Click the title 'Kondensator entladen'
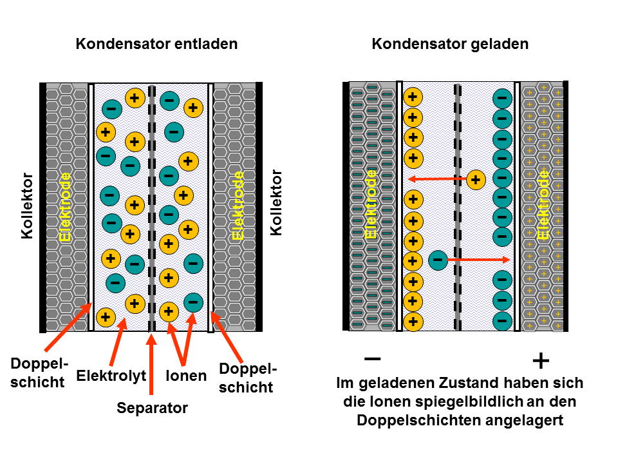[x=156, y=44]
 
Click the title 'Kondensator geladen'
[x=450, y=44]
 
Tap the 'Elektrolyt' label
[x=111, y=376]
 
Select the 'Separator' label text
[x=152, y=408]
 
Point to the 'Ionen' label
[x=186, y=376]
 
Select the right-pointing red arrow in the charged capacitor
[x=479, y=260]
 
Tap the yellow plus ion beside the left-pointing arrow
[x=476, y=179]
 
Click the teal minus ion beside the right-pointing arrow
[x=437, y=260]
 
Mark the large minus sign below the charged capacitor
[x=372, y=358]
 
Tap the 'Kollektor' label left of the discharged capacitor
[x=26, y=206]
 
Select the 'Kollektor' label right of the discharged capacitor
[x=277, y=202]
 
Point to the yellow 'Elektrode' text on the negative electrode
[x=371, y=204]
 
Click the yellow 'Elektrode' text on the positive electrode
[x=544, y=204]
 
